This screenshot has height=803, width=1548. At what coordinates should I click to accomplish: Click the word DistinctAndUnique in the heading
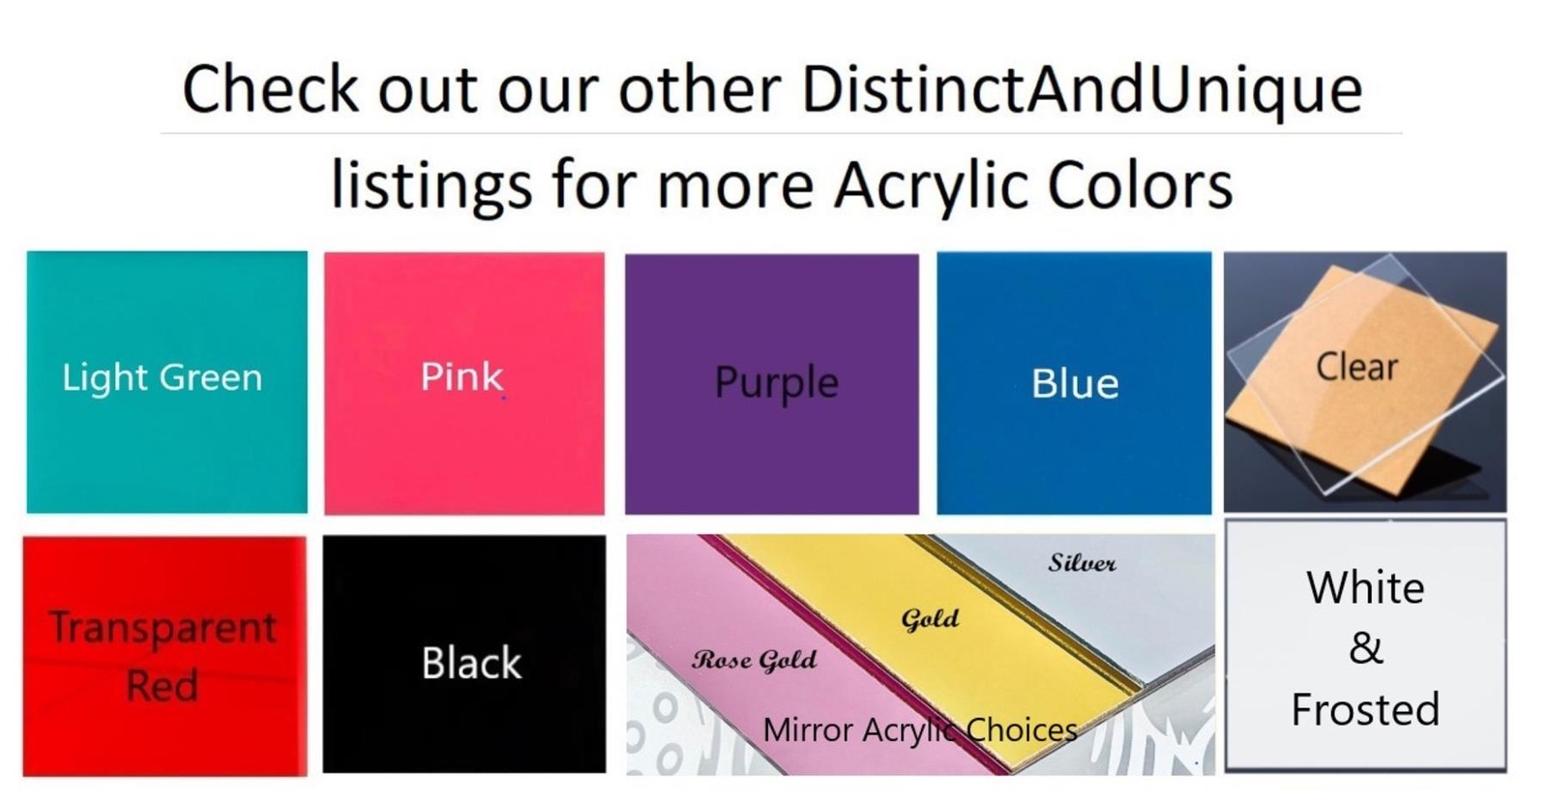(1083, 90)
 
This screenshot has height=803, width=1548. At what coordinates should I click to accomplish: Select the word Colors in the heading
(1141, 185)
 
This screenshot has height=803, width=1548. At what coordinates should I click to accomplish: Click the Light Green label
(163, 378)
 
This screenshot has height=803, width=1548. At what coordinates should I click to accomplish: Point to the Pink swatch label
(461, 376)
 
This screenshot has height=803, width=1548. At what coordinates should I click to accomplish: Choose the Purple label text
(777, 383)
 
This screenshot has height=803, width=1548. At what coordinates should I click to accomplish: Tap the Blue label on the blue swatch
(1075, 383)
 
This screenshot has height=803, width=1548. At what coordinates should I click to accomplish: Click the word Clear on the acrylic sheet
(1357, 367)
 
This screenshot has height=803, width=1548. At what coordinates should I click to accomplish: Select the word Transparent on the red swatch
(163, 629)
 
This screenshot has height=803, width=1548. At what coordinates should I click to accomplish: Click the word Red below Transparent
(163, 686)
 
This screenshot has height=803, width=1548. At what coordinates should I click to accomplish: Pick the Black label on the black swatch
(471, 663)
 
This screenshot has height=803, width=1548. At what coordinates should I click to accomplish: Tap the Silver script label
(1083, 563)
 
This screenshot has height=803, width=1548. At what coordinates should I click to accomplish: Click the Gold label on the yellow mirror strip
(930, 619)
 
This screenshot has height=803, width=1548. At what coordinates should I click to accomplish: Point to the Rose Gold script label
(754, 661)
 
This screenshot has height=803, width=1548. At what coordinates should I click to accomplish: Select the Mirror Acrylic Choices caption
(920, 730)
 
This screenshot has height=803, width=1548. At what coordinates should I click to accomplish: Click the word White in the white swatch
(1365, 588)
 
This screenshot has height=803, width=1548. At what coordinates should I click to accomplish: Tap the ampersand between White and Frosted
(1366, 648)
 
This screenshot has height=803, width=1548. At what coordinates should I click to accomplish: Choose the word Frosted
(1365, 709)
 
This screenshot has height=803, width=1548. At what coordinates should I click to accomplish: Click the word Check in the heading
(271, 88)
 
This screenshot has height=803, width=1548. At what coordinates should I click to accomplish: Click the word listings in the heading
(432, 185)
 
